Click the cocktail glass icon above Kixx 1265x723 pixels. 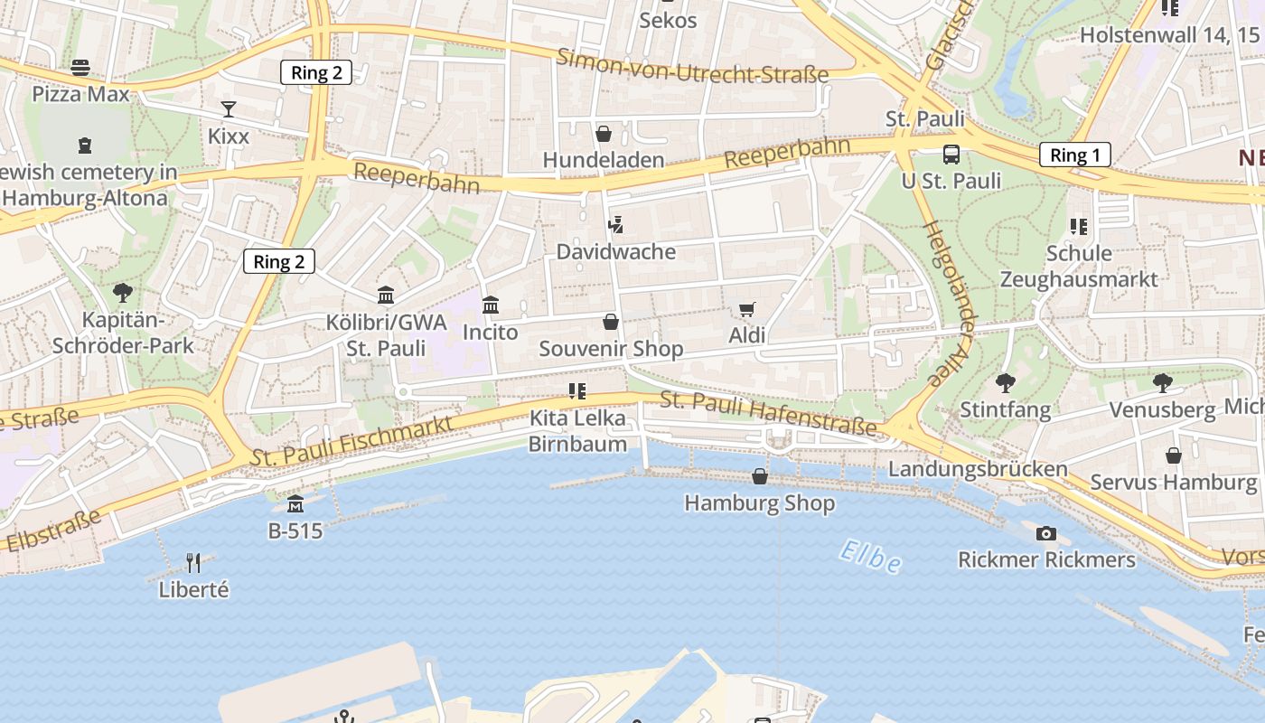tap(229, 109)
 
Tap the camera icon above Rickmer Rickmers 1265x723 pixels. tap(1045, 533)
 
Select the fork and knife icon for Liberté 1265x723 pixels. tap(193, 563)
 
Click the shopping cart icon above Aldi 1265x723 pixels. tap(746, 310)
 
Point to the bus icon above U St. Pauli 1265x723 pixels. tap(951, 155)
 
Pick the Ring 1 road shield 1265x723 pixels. tap(1074, 155)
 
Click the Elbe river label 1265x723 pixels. tap(869, 556)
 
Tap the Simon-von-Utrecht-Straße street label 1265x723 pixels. tap(692, 66)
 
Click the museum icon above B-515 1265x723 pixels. tap(295, 504)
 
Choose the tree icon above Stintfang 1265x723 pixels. tap(1005, 383)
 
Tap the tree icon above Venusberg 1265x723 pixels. tap(1162, 383)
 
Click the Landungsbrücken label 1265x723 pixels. tap(978, 469)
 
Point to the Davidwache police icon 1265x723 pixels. tap(616, 224)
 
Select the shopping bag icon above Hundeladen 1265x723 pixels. tap(604, 134)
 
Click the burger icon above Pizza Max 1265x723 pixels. tap(80, 67)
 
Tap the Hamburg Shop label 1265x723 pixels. tap(759, 502)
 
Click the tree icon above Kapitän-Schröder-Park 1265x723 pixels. tap(122, 293)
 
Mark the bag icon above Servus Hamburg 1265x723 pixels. tap(1173, 455)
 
